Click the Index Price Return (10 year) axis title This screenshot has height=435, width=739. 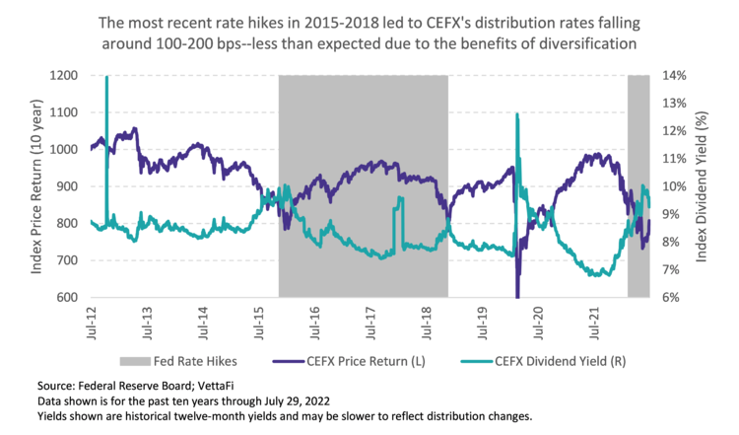pos(36,185)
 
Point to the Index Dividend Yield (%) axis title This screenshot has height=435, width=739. pos(703,185)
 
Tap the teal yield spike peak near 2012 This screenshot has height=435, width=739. pos(106,79)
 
